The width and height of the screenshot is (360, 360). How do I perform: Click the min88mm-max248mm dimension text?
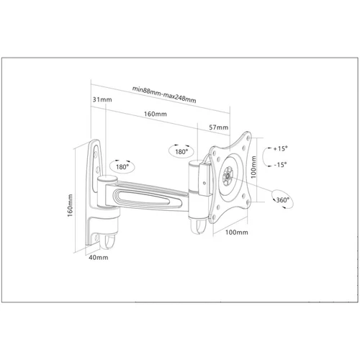click(164, 94)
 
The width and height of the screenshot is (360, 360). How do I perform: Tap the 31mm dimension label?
click(102, 99)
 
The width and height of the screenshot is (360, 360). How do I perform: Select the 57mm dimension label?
click(218, 127)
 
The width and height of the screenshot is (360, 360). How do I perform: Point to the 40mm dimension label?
click(99, 258)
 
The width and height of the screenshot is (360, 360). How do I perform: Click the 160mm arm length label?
click(156, 114)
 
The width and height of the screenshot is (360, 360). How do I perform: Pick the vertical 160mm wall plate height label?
click(70, 205)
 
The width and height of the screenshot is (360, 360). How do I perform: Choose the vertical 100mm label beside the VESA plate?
click(253, 167)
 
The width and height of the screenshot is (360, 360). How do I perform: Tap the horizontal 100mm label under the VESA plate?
click(237, 232)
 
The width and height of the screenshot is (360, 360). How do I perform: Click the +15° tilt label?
click(280, 148)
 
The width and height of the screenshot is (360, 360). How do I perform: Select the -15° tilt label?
click(280, 165)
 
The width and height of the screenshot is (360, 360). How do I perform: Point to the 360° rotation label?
click(283, 200)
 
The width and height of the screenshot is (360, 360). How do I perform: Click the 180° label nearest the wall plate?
click(122, 167)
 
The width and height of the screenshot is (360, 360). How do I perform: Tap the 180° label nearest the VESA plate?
click(181, 152)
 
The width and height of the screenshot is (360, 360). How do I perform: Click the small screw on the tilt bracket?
click(204, 183)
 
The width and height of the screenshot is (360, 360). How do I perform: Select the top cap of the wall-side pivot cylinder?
click(107, 179)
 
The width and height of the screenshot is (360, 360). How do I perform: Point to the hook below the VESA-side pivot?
click(199, 226)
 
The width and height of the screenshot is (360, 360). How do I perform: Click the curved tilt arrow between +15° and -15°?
click(264, 156)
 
